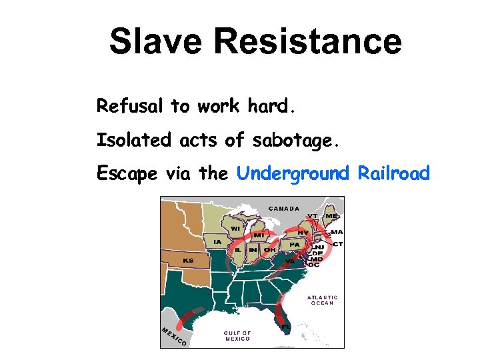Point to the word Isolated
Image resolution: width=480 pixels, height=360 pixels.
tap(134, 140)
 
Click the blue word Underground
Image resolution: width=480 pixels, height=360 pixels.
tap(293, 174)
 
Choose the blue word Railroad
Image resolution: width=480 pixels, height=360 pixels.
tap(394, 173)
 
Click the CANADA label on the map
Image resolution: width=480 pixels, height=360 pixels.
tap(284, 209)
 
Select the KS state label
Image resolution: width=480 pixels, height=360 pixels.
tap(189, 260)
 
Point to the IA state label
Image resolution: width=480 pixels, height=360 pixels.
tap(217, 241)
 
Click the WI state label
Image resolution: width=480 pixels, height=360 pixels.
tap(236, 229)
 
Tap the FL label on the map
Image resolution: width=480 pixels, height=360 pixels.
tap(285, 327)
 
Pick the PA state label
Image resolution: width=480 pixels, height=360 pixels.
tap(293, 245)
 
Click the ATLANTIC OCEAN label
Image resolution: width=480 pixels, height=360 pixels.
tap(323, 300)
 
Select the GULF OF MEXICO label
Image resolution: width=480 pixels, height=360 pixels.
tap(237, 335)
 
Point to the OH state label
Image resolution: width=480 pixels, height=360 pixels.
tap(269, 250)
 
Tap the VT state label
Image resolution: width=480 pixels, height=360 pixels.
tap(312, 216)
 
